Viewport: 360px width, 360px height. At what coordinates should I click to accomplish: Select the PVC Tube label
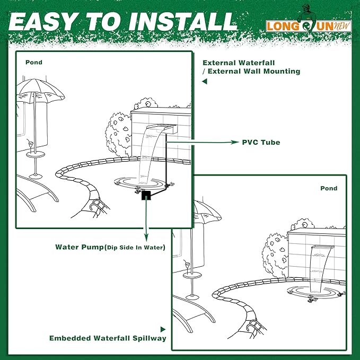pyautogui.click(x=261, y=142)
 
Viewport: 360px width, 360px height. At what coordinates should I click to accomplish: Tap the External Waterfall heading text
pyautogui.click(x=251, y=66)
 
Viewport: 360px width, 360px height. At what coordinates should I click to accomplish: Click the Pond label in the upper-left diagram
pyautogui.click(x=33, y=62)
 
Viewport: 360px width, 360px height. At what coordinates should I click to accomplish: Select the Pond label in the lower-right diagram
pyautogui.click(x=329, y=188)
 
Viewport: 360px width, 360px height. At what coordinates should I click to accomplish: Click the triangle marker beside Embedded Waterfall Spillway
pyautogui.click(x=163, y=330)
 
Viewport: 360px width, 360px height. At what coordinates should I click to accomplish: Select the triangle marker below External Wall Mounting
pyautogui.click(x=204, y=82)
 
